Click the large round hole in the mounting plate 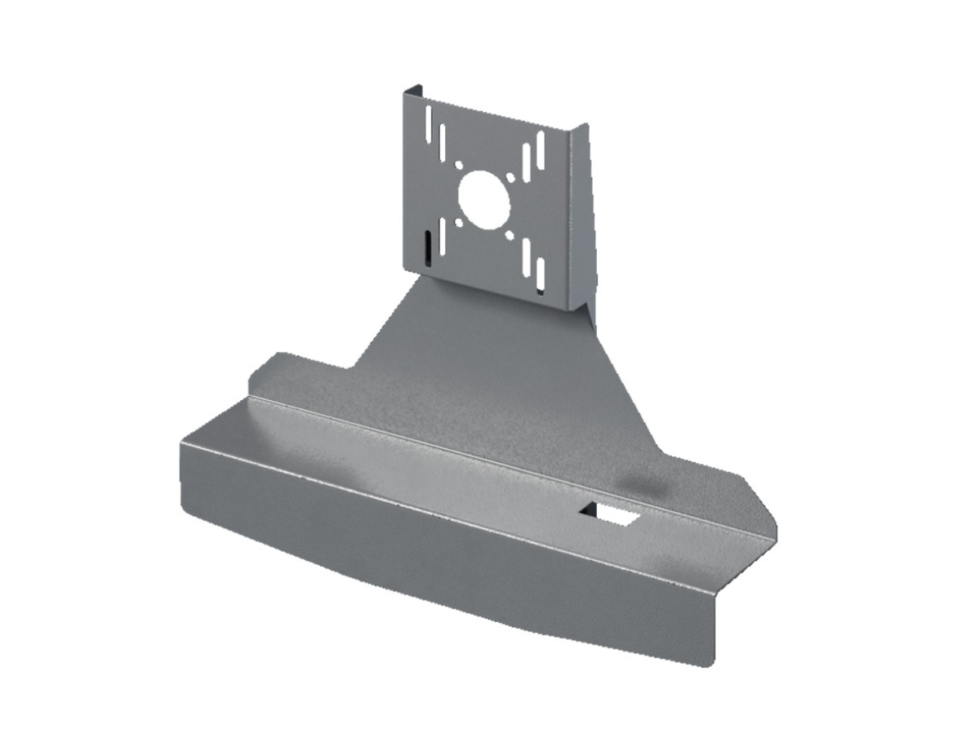pos(484,196)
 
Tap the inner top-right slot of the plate pos(527,161)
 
